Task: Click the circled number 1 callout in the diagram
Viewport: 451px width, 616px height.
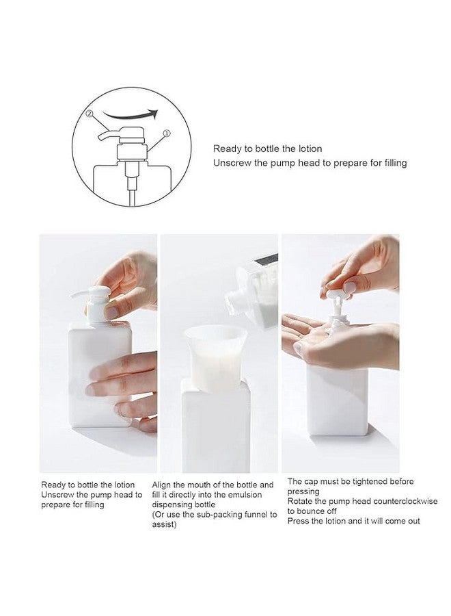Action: pos(167,133)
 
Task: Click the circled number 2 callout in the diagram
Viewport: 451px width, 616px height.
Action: pos(90,114)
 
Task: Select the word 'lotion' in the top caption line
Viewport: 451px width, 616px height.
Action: pos(310,149)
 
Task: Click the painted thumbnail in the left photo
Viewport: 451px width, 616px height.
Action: pos(112,312)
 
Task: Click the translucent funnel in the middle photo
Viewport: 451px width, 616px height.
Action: pos(215,355)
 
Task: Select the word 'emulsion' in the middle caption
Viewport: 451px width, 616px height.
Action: pos(245,495)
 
